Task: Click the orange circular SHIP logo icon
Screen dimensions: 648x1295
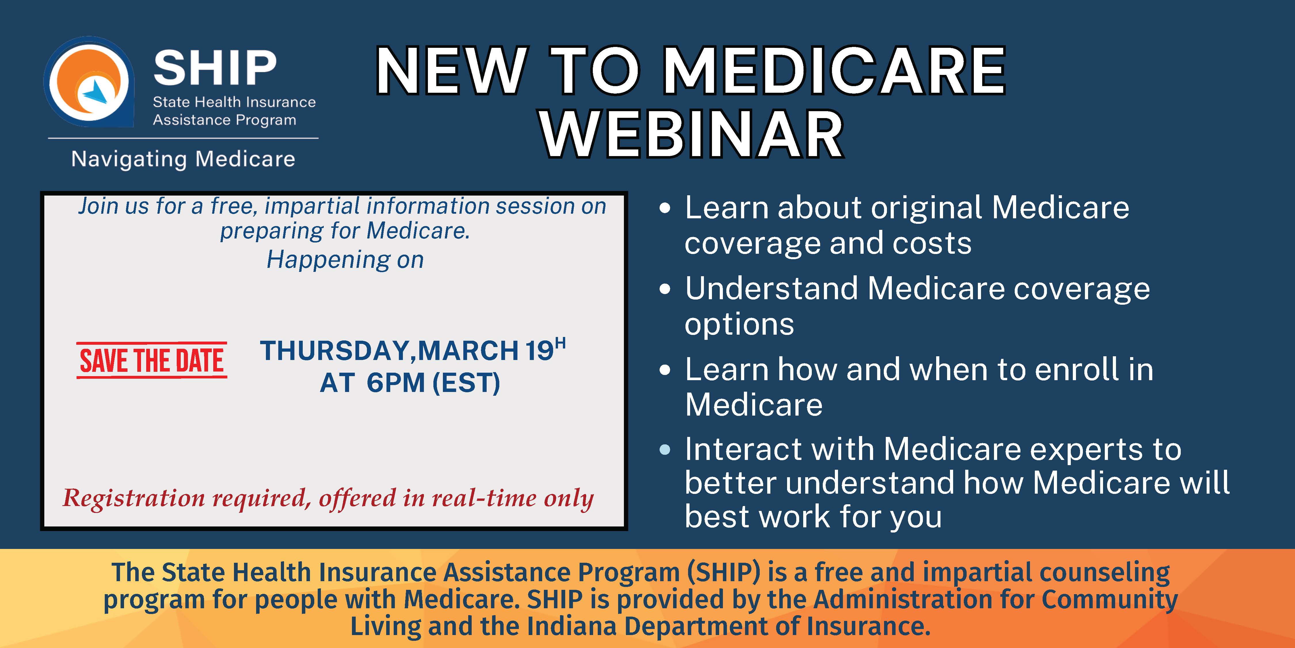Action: click(x=89, y=82)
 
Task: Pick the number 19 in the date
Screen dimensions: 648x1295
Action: click(x=539, y=351)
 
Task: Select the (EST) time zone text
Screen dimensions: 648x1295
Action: click(x=466, y=383)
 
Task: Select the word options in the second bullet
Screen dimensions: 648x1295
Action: click(x=739, y=325)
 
